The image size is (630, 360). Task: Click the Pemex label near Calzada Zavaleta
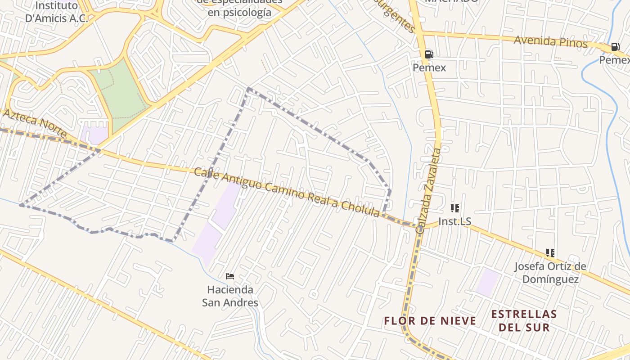tap(429, 67)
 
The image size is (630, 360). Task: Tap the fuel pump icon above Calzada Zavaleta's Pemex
tap(429, 54)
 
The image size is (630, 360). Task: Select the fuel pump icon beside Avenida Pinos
tap(615, 47)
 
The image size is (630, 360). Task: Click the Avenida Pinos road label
tap(551, 42)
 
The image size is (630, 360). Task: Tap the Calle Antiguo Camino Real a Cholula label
tap(287, 192)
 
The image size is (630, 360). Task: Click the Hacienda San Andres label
tap(230, 296)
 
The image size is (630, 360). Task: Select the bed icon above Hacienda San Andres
tap(230, 276)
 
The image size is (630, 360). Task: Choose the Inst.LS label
tap(454, 221)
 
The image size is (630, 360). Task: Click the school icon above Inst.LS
tap(455, 208)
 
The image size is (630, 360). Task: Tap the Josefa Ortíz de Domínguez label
tap(550, 273)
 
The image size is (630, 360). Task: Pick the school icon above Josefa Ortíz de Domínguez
tap(550, 253)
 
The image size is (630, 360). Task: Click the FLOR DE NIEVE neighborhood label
tap(430, 321)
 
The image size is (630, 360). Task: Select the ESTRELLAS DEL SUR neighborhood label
tap(524, 320)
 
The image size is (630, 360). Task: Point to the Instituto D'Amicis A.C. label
tap(56, 12)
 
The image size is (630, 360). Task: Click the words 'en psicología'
tap(239, 12)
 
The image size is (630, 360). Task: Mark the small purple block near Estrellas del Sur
tap(488, 282)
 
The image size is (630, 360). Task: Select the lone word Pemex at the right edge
tap(615, 60)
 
